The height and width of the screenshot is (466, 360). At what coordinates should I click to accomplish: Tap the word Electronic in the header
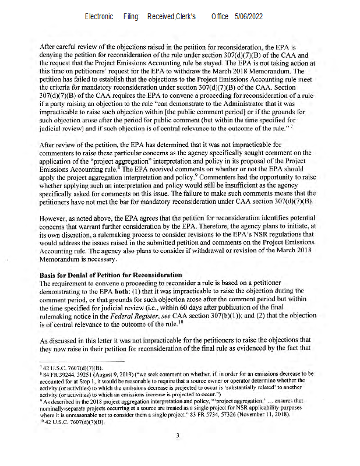tap(99, 17)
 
